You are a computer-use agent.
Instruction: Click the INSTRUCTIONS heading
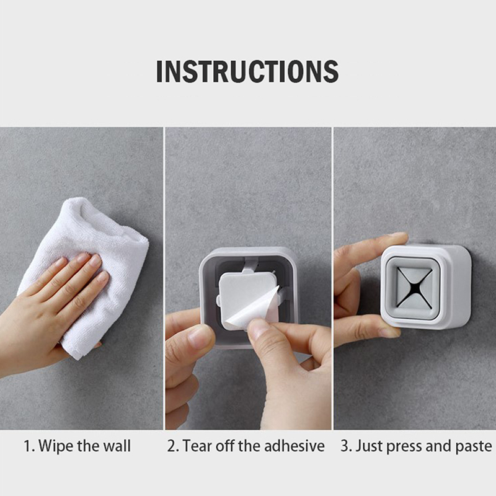(x=247, y=71)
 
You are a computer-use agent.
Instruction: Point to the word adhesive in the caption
(x=294, y=446)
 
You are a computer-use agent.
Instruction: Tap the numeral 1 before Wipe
(x=27, y=446)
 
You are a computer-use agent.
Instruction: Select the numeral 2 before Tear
(x=172, y=446)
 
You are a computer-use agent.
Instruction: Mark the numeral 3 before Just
(x=345, y=446)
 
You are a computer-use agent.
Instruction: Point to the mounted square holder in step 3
(x=426, y=286)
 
